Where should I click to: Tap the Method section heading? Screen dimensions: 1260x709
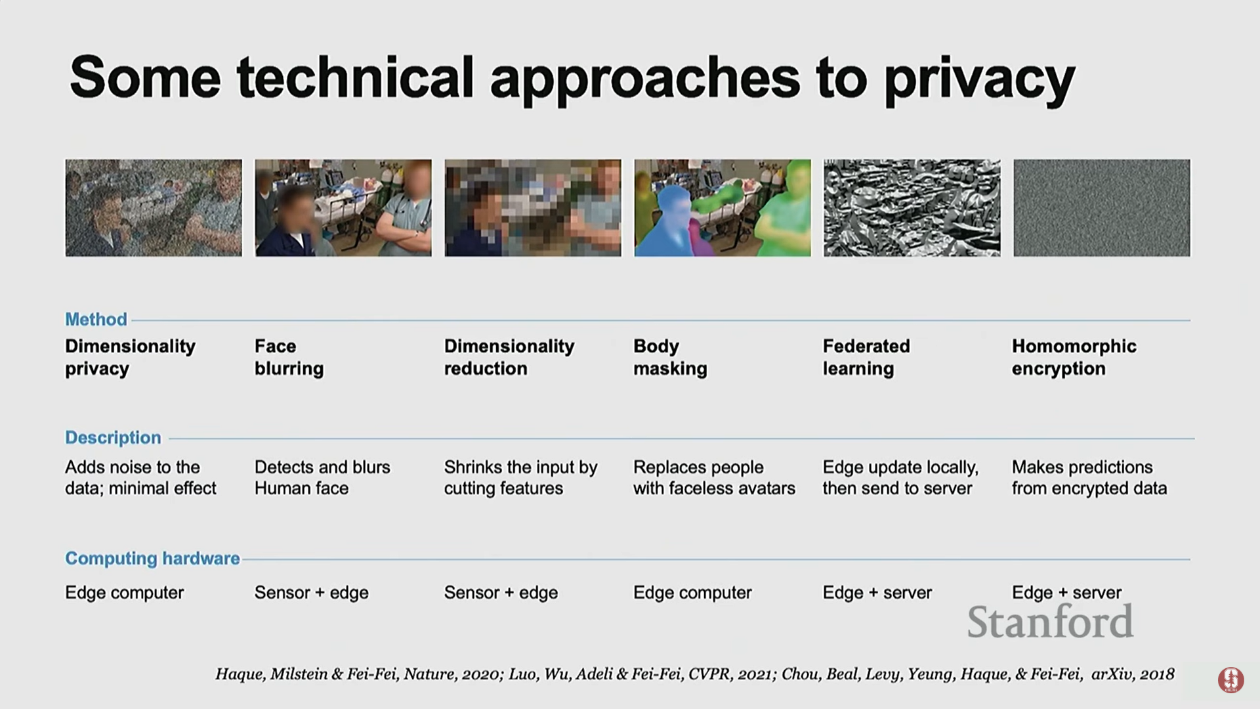point(96,319)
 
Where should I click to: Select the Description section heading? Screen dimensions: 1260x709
point(113,437)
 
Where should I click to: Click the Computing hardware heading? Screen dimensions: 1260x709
point(152,559)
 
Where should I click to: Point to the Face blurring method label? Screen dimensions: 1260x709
point(289,357)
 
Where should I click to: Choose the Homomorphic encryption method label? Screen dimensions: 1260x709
point(1074,357)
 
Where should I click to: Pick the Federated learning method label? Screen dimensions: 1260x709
point(866,357)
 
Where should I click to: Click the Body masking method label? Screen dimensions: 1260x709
point(670,357)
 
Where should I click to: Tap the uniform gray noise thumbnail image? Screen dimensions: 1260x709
point(1102,207)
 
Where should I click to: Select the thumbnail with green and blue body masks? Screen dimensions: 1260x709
point(723,207)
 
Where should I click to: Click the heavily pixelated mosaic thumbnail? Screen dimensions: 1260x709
point(533,207)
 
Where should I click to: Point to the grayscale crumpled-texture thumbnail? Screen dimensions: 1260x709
point(912,207)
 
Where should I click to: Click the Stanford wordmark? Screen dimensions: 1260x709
point(1050,622)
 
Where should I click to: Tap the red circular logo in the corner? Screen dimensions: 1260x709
point(1231,680)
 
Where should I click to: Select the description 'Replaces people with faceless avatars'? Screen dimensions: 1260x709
point(714,478)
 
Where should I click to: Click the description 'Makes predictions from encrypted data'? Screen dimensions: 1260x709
point(1089,478)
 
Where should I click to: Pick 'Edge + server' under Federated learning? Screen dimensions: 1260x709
point(877,593)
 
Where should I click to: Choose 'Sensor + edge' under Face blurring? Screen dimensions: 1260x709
point(312,593)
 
